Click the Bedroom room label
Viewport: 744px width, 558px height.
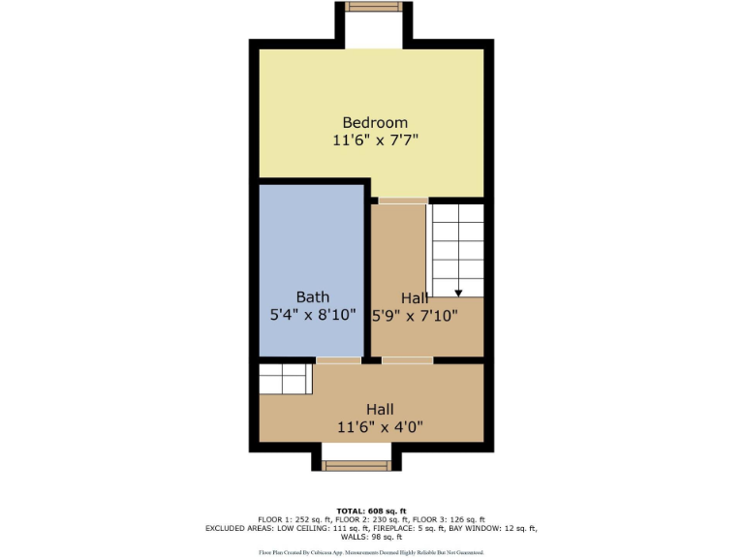pos(375,122)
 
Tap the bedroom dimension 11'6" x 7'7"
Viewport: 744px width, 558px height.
pos(375,140)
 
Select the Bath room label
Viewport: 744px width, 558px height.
pos(312,296)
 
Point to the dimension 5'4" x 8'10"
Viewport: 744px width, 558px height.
pos(312,315)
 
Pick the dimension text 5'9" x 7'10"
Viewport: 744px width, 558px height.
pos(415,315)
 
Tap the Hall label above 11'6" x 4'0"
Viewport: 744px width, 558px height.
pos(380,409)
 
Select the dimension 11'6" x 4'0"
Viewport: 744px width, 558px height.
pos(380,426)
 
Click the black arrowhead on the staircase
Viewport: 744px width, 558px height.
pos(457,291)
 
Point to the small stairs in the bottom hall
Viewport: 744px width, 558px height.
pos(286,378)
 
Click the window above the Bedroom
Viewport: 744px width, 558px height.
pos(374,7)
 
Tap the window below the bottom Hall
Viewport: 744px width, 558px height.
pos(356,466)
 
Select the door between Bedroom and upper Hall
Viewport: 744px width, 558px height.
pos(402,201)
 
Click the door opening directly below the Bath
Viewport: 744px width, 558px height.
pos(339,360)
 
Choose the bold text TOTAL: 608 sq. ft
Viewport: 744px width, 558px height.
pos(372,511)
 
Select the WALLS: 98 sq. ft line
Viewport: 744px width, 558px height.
pos(372,537)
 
